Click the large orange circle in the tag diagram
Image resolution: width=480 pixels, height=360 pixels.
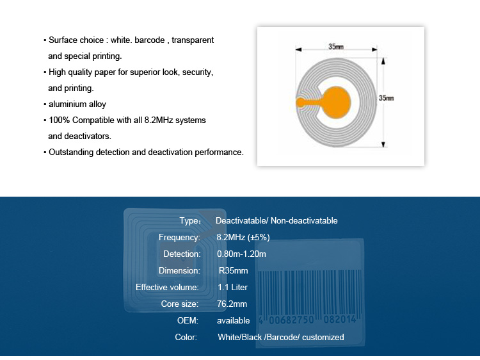[x=336, y=102]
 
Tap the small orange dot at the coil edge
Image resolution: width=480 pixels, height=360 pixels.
[x=301, y=102]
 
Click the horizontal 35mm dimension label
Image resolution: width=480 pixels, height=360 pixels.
[x=336, y=47]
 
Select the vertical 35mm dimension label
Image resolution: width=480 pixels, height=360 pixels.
[x=386, y=98]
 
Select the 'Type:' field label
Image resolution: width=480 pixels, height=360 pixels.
[x=190, y=221]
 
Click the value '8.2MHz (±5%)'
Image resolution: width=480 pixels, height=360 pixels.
[x=243, y=238]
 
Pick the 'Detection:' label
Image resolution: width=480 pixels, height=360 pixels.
[x=182, y=254]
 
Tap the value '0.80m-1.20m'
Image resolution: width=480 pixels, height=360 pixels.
[x=241, y=254]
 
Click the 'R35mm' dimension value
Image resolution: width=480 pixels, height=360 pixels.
[x=233, y=271]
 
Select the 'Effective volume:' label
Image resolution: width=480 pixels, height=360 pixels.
[x=167, y=288]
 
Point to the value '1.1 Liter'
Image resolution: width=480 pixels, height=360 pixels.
[x=233, y=288]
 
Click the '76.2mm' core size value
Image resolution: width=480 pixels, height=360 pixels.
[x=232, y=304]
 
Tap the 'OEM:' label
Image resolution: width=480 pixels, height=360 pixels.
[x=188, y=320]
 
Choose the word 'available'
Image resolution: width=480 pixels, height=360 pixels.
[x=233, y=320]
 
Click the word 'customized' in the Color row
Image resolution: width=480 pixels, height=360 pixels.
[x=323, y=338]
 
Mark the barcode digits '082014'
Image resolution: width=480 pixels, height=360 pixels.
[x=340, y=320]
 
